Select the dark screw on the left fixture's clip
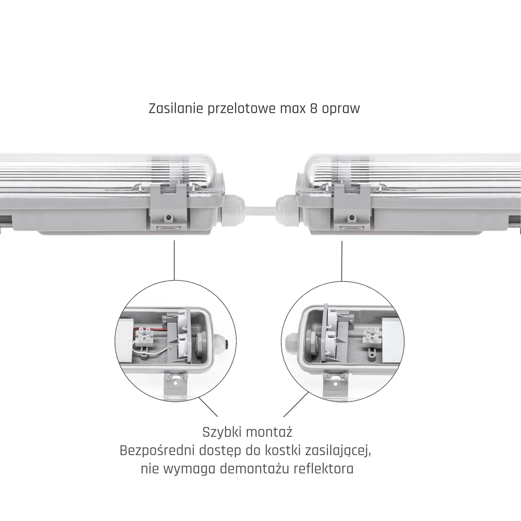168,217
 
